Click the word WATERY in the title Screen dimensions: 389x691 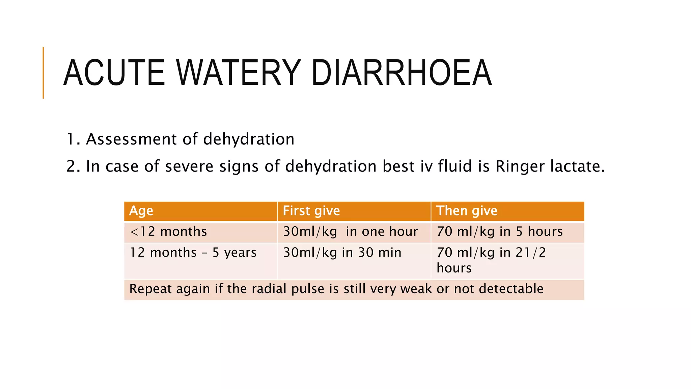[x=238, y=73]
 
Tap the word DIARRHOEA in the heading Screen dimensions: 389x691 [x=402, y=73]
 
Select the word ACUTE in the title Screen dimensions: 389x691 [x=114, y=73]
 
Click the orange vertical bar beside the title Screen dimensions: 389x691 [x=43, y=73]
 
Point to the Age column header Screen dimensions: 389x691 [x=141, y=211]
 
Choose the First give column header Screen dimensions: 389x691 [x=311, y=211]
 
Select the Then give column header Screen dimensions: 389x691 [x=467, y=211]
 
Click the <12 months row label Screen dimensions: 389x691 [x=168, y=232]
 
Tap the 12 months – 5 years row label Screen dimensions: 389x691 [x=193, y=253]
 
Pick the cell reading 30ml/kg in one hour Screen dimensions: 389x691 [x=350, y=232]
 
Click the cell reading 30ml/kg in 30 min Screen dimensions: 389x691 [x=342, y=253]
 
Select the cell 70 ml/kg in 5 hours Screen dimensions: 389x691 [x=500, y=232]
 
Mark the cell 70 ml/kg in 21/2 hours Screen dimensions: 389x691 [x=491, y=260]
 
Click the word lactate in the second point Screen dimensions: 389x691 [x=577, y=166]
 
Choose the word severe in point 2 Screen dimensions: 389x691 [x=189, y=166]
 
